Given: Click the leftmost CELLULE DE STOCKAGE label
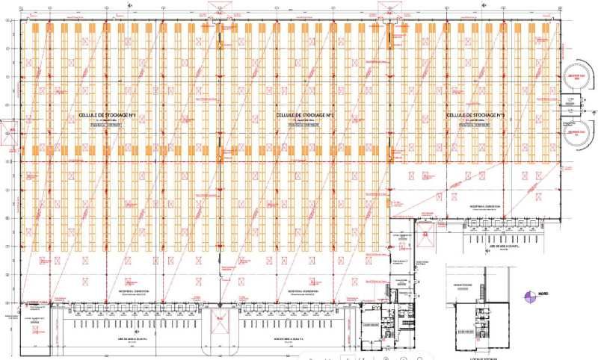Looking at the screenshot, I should (x=106, y=115).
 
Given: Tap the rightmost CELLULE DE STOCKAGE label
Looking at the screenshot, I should (x=475, y=115).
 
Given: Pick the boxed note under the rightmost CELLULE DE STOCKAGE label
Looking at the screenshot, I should (x=475, y=125).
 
